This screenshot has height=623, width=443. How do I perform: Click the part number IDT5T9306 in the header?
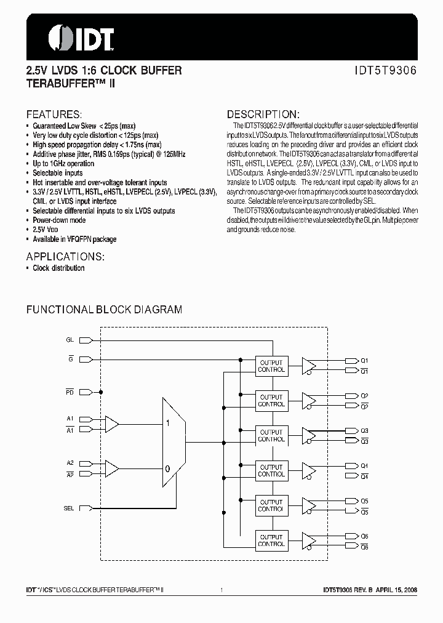click(x=386, y=71)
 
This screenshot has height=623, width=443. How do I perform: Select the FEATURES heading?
click(x=54, y=115)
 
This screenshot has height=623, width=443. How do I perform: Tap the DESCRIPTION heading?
click(x=263, y=115)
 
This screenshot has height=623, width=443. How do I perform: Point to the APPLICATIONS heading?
click(x=65, y=256)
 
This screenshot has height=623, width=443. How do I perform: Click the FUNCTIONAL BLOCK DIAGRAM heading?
click(x=104, y=310)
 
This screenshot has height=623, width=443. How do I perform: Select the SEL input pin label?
click(x=69, y=508)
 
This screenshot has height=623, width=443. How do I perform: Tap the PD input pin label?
click(x=70, y=392)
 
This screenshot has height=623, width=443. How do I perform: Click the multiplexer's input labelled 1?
click(x=167, y=424)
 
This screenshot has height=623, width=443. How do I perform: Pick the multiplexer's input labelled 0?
click(x=167, y=468)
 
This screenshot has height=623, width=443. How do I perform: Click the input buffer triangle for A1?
click(x=112, y=424)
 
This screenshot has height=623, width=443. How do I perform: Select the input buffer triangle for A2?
click(x=112, y=469)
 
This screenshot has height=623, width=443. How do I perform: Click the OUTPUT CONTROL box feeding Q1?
click(x=271, y=366)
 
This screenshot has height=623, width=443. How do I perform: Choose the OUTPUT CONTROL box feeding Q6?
click(x=271, y=541)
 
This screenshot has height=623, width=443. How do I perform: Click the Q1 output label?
click(x=364, y=361)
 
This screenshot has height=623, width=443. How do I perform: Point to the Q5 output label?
click(x=364, y=500)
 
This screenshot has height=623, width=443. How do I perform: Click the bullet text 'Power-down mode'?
click(x=59, y=220)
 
